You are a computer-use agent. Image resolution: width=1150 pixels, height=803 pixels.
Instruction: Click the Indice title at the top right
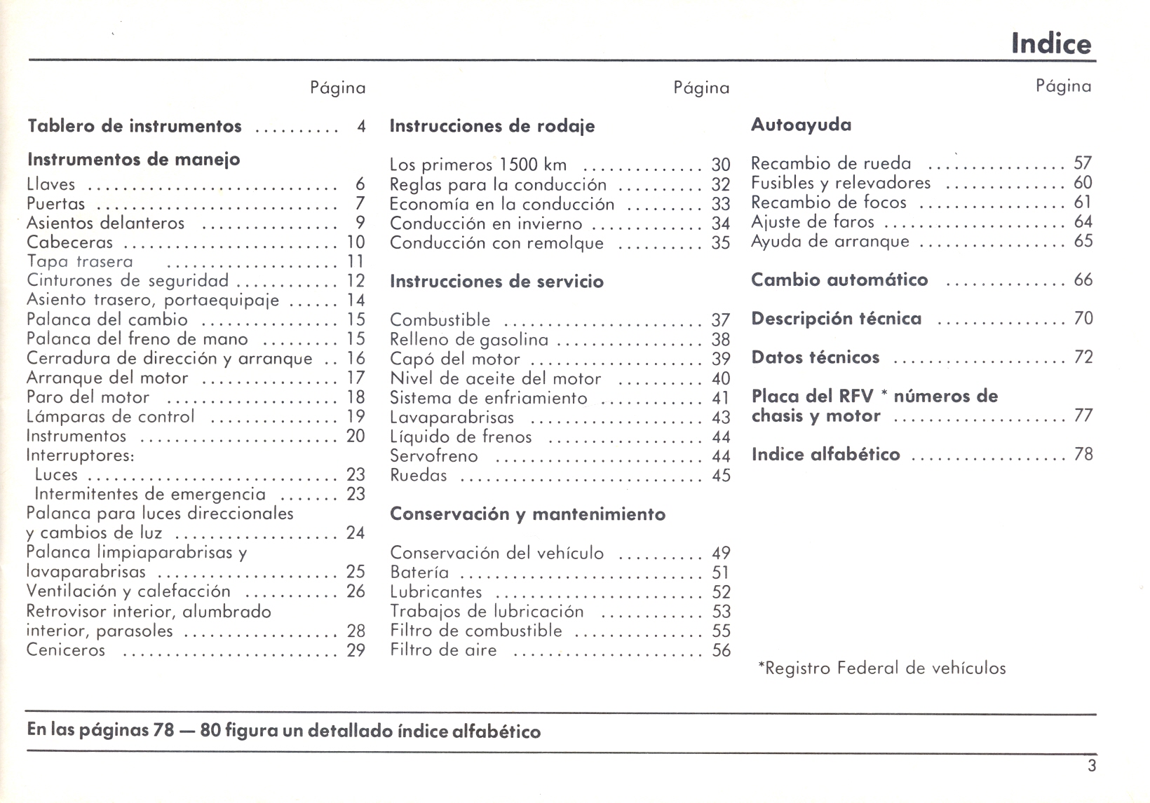pos(1050,43)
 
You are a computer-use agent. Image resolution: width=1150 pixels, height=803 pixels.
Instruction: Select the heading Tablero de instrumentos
pos(134,126)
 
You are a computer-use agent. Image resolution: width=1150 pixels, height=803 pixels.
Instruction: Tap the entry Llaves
pos(50,184)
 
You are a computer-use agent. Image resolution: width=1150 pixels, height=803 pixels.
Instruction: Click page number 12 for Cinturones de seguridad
pos(356,281)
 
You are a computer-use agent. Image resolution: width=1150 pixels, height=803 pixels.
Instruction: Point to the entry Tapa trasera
pos(79,262)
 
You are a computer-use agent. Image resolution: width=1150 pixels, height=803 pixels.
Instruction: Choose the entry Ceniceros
pos(66,650)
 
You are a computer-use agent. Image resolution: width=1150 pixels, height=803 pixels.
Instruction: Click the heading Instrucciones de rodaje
pos(492,126)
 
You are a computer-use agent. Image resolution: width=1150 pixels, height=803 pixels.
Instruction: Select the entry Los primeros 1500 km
pos(478,165)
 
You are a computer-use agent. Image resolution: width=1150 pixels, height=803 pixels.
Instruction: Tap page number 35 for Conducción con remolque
pos(721,243)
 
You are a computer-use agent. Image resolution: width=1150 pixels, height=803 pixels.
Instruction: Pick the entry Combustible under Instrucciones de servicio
pos(440,320)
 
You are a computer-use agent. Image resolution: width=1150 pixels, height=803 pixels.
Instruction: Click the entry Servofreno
pos(433,456)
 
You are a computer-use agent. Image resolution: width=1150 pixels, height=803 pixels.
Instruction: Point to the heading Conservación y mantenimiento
pos(527,514)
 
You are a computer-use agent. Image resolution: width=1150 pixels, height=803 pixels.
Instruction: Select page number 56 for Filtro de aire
pos(721,650)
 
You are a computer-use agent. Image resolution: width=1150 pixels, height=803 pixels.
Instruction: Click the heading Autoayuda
pos(801,125)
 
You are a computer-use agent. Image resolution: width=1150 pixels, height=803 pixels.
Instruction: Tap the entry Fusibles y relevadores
pos(840,183)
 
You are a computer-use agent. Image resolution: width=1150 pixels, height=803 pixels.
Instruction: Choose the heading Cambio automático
pos(839,280)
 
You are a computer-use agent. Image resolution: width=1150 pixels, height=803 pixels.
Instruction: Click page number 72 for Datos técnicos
pos(1083,357)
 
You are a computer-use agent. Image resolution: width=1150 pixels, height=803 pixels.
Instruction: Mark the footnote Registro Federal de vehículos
pos(882,668)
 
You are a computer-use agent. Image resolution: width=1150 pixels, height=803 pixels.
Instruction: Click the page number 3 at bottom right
pos(1091,766)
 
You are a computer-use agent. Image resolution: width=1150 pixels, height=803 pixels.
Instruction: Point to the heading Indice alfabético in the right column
pos(825,455)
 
